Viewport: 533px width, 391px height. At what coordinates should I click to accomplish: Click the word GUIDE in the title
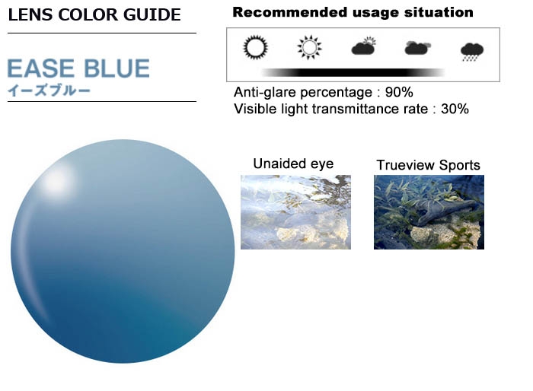152,14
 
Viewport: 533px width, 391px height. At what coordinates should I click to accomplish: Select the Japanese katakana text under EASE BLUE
49,91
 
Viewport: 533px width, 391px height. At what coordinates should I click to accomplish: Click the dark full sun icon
256,47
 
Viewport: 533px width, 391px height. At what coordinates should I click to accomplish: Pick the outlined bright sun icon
309,47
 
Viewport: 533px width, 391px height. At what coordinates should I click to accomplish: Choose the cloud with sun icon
364,46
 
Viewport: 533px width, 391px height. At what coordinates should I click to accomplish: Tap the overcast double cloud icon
418,48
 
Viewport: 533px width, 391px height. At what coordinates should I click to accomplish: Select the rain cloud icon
472,52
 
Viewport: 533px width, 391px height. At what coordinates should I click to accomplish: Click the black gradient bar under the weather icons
353,72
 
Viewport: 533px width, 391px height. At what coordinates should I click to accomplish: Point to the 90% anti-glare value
399,92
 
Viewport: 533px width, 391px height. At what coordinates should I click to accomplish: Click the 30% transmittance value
455,109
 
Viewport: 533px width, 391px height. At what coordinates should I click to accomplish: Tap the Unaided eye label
293,164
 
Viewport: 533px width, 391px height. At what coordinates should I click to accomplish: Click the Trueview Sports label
428,165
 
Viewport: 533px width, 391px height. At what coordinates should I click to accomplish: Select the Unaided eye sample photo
295,212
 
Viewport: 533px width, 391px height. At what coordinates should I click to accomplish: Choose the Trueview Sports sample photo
429,212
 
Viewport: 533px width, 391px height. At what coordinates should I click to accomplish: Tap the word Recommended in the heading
291,13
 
